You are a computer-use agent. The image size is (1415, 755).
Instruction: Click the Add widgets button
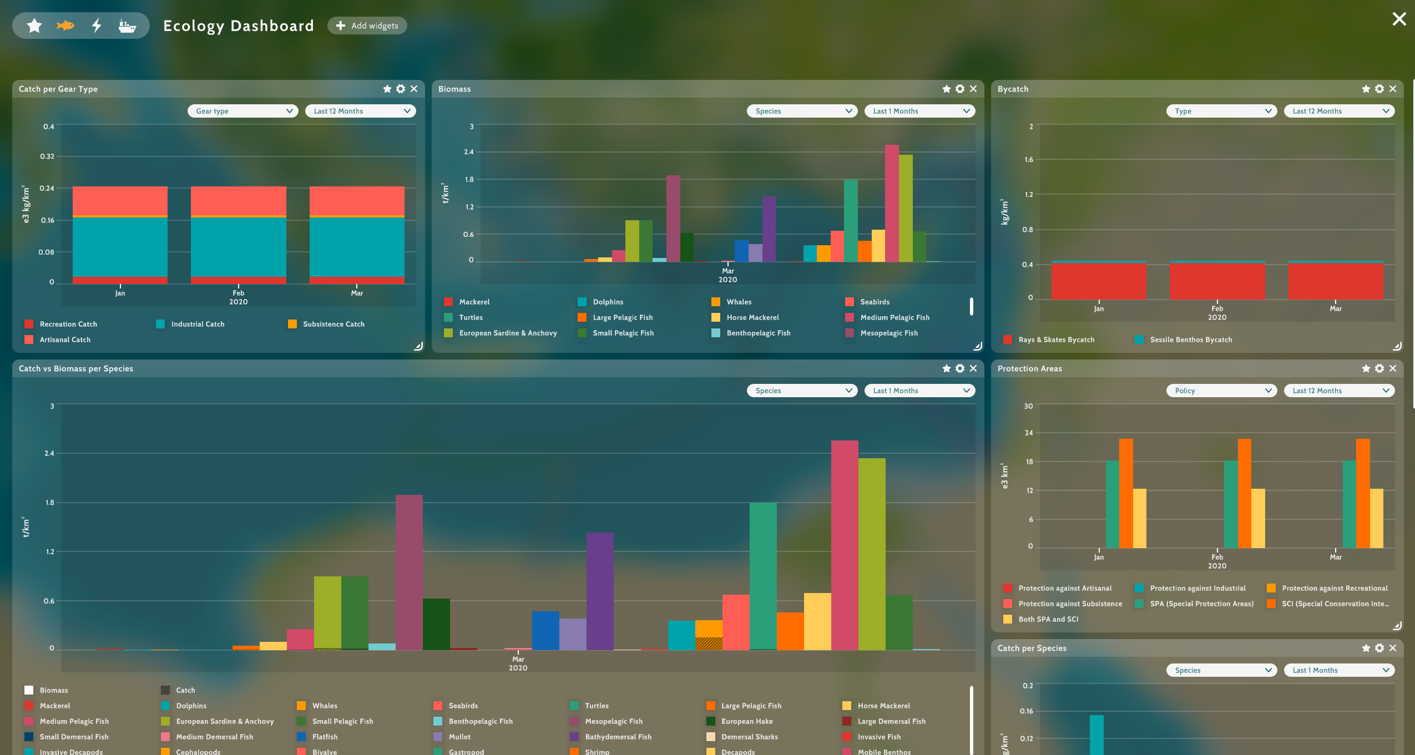coord(367,26)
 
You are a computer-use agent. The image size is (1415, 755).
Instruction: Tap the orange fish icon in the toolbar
coord(65,26)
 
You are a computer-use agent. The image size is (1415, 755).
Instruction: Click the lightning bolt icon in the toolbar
coord(97,26)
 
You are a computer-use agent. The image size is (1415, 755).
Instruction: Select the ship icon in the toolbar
coord(127,26)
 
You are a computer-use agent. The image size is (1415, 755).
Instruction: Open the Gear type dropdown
coord(243,111)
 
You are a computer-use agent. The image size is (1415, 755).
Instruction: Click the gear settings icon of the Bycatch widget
coord(1379,89)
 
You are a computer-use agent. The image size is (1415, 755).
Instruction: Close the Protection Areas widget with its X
coord(1393,368)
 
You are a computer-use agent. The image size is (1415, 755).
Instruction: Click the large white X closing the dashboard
coord(1399,19)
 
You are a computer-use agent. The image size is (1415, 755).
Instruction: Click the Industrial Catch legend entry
coord(190,324)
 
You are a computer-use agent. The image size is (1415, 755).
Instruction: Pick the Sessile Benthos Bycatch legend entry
coord(1184,340)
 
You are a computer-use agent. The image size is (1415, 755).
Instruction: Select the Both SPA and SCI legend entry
coord(1041,619)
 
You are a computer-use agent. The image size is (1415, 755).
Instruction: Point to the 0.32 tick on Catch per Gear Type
coord(47,156)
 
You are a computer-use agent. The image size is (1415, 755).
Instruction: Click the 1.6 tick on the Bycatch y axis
coord(1029,160)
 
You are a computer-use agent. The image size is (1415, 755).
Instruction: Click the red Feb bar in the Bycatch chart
coord(1217,281)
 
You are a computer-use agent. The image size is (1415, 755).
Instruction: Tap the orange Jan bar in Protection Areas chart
coord(1126,493)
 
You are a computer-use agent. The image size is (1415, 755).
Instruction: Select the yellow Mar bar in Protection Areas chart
coord(1376,518)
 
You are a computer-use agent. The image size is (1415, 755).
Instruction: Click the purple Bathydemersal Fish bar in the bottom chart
coord(600,591)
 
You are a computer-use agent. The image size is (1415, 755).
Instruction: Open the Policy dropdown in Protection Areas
coord(1222,391)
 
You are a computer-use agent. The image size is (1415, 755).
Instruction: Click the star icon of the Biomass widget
coord(947,89)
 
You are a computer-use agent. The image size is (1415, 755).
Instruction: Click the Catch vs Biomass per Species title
coord(76,368)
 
